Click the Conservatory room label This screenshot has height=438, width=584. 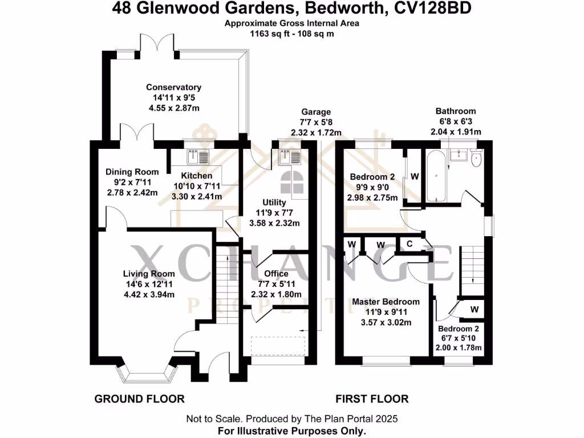coord(173,87)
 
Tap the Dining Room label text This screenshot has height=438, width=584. coord(132,172)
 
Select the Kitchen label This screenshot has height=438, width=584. coord(197,176)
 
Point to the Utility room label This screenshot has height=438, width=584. coord(274,202)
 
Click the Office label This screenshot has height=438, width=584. coord(277,274)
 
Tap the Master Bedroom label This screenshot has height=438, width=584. coord(386,302)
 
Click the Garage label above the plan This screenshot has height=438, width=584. coord(316,112)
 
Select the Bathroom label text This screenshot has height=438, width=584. coord(455,111)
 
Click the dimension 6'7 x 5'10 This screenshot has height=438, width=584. coord(459,338)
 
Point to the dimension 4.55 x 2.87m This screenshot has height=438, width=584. coord(173,108)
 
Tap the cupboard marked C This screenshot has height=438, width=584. coord(409,244)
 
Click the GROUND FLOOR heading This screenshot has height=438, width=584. coord(139,399)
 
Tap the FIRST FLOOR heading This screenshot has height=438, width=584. coord(372,399)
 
